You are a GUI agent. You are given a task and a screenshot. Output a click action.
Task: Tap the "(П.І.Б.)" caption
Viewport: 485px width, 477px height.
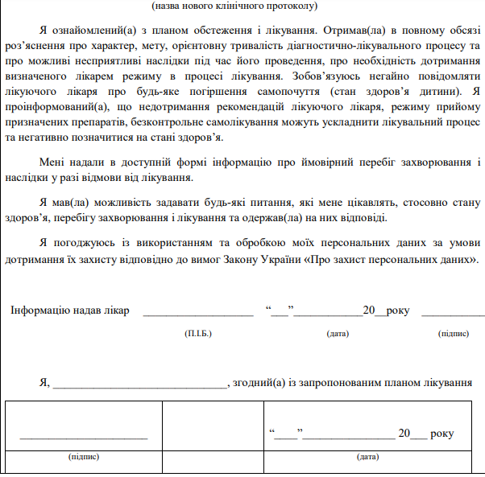point(197,333)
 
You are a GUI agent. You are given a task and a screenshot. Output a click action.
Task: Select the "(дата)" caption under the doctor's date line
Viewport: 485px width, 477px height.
point(338,333)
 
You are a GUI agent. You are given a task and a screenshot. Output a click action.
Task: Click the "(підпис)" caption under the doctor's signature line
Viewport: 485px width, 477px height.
point(453,333)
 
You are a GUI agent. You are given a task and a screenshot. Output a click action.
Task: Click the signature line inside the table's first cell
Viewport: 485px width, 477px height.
point(84,437)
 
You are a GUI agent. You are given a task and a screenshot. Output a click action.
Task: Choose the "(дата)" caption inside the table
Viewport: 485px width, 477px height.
point(367,456)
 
